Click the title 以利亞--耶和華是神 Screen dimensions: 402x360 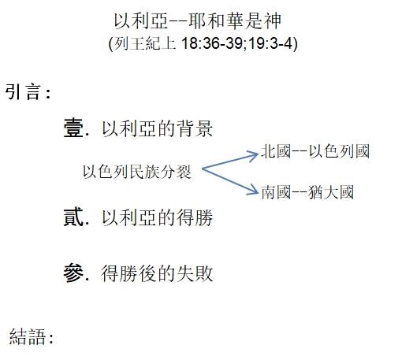point(198,20)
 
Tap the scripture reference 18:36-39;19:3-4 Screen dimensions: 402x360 point(236,43)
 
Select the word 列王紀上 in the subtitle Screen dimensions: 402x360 point(145,43)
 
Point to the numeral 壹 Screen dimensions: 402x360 point(73,128)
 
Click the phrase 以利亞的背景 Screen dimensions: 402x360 point(157,128)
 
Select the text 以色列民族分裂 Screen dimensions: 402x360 point(137,172)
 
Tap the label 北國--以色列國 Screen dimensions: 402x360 point(315,151)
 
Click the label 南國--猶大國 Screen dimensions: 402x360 point(307,192)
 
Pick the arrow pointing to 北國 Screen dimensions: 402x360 point(230,161)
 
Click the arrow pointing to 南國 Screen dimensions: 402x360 point(230,181)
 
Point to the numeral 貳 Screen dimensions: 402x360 point(73,217)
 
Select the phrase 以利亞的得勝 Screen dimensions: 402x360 point(157,217)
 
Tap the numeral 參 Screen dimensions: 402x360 point(73,273)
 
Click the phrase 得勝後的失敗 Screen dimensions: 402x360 point(157,273)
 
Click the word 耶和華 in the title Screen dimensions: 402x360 point(217,20)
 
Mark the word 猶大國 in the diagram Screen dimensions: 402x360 point(331,192)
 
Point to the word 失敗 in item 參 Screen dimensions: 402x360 point(195,273)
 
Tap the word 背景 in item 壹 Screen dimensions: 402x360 point(195,128)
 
